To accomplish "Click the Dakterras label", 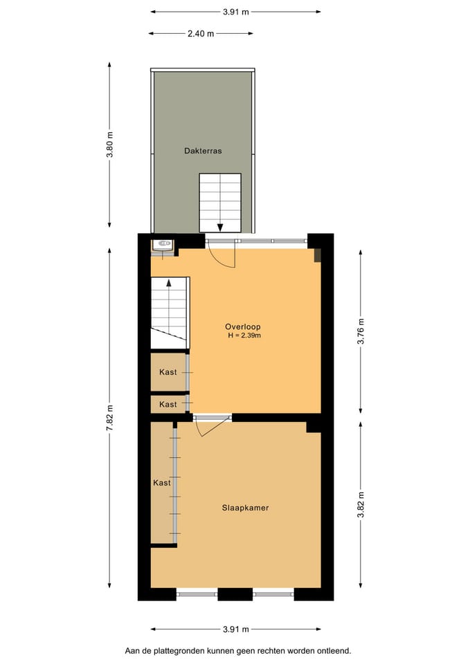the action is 203,151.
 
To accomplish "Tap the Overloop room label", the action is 243,327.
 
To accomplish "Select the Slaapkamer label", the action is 246,508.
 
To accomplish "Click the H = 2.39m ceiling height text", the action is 244,335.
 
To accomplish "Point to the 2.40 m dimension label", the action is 201,33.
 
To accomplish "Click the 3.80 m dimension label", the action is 110,145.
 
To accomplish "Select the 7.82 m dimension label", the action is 110,418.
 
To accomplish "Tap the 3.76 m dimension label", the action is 361,331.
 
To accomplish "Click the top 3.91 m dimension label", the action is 236,12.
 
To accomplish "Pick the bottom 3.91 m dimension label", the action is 236,629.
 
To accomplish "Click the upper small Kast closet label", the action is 168,372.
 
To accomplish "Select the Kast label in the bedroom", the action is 162,483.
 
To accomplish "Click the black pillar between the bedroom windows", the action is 235,594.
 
